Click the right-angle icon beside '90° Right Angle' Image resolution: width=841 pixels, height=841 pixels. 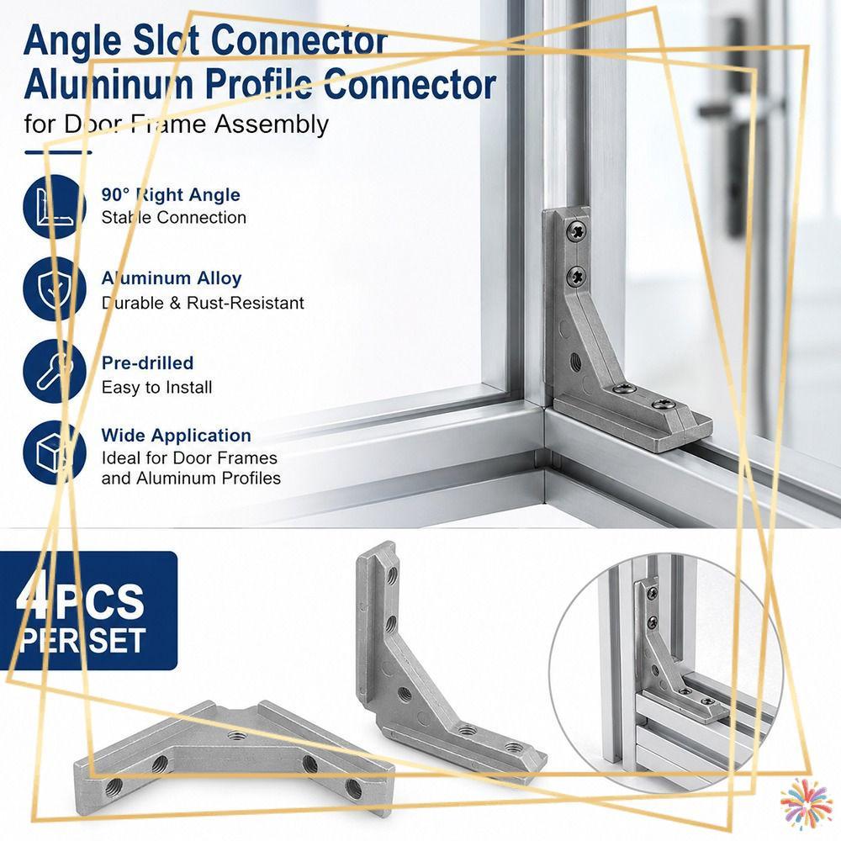pos(54,207)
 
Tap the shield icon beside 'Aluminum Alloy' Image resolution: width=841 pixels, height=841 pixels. pos(54,288)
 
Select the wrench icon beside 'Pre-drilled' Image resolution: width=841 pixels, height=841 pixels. pos(54,371)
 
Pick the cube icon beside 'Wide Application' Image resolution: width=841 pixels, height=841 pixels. pos(54,452)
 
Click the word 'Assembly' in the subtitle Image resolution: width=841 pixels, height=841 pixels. pos(272,125)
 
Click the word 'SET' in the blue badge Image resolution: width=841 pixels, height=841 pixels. pos(117,640)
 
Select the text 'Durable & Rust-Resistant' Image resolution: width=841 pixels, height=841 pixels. pos(203,303)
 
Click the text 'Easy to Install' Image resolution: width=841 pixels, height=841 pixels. pos(156,387)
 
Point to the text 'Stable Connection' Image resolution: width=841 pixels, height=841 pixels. pos(174,217)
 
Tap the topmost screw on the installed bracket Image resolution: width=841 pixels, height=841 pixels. pos(577,233)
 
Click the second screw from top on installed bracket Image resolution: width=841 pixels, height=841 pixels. pos(577,277)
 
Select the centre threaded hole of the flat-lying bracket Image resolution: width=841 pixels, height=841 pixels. pos(235,735)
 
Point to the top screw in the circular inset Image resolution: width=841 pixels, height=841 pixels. pos(653,594)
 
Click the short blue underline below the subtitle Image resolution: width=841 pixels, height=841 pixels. pos(58,152)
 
